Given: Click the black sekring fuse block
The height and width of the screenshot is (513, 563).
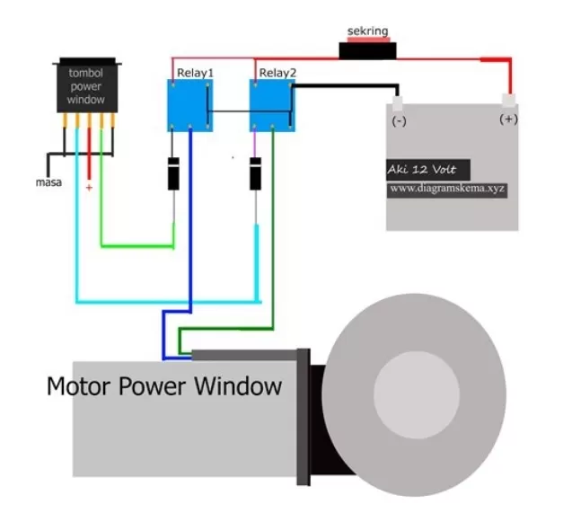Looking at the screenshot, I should tap(368, 49).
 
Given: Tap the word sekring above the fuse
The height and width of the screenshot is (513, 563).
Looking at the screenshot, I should tap(368, 31).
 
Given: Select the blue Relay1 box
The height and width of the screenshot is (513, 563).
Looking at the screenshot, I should tap(190, 105).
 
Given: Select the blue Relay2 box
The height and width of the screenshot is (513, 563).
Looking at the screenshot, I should tap(270, 105).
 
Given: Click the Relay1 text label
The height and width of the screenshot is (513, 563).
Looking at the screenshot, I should tap(195, 72).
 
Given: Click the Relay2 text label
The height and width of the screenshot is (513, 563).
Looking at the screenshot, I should tap(275, 72).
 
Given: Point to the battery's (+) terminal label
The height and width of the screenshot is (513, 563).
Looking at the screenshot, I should tap(508, 119).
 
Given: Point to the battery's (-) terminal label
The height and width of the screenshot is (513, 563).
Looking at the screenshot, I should tap(399, 119).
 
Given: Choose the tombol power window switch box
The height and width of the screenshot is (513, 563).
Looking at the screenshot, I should tap(87, 86).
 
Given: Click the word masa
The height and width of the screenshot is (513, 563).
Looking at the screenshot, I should tap(48, 183).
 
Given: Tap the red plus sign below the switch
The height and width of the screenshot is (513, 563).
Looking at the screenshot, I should tap(88, 188).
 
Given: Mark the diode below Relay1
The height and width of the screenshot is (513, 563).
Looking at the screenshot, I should tap(173, 172).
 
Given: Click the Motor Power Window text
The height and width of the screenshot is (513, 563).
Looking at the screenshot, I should tap(164, 387).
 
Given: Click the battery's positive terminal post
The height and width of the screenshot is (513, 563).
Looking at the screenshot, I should tap(509, 98).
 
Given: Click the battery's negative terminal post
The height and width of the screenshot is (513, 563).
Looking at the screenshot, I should tap(398, 101).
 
